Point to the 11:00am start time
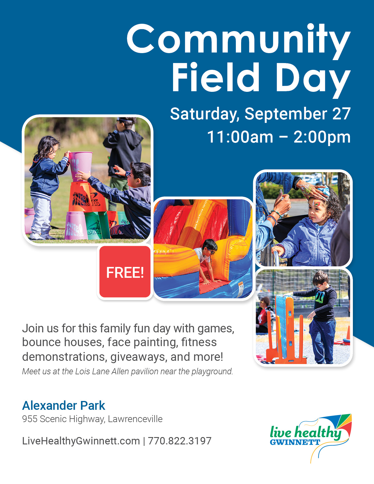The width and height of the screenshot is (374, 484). [240, 137]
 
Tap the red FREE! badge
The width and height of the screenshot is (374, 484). [125, 272]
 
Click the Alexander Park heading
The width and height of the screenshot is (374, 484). [63, 405]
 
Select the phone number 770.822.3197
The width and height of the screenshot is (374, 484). [180, 441]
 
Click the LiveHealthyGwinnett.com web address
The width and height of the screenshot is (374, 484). [81, 441]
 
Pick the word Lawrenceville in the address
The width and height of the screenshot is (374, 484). [135, 419]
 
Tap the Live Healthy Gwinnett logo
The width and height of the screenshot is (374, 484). [311, 438]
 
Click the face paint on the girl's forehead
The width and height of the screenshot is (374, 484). [316, 203]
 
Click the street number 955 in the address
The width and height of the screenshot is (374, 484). [30, 419]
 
